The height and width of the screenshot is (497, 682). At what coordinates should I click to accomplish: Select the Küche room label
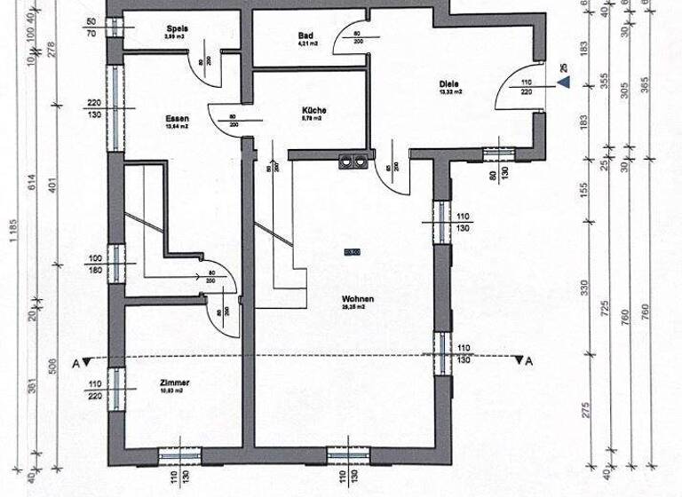point(313,111)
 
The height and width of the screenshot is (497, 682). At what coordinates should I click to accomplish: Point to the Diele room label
point(448,86)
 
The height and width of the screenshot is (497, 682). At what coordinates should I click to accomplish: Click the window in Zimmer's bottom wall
point(180,455)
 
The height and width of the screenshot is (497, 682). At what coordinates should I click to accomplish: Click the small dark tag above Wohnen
point(353,253)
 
